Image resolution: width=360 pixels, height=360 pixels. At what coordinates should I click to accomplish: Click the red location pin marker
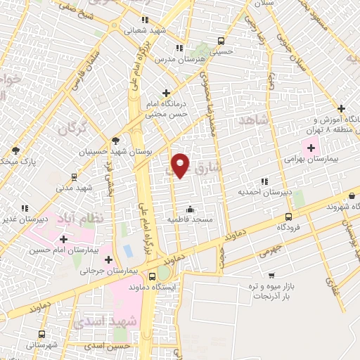[x=181, y=165]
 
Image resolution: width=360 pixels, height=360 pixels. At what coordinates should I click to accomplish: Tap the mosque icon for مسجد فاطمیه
[x=190, y=209]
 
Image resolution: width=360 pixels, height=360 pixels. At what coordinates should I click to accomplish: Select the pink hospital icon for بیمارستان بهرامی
[x=310, y=148]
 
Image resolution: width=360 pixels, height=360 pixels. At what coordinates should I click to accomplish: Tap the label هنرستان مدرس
[x=202, y=60]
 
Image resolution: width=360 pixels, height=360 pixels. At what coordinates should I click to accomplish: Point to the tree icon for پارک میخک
[x=15, y=150]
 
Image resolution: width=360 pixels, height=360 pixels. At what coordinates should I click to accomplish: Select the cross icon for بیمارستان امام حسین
[x=63, y=239]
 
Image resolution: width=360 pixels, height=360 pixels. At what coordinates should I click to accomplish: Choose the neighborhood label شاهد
[x=254, y=122]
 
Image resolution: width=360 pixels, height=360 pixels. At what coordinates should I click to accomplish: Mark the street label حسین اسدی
[x=108, y=345]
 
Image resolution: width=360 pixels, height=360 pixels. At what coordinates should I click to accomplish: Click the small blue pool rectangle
[x=127, y=250]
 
